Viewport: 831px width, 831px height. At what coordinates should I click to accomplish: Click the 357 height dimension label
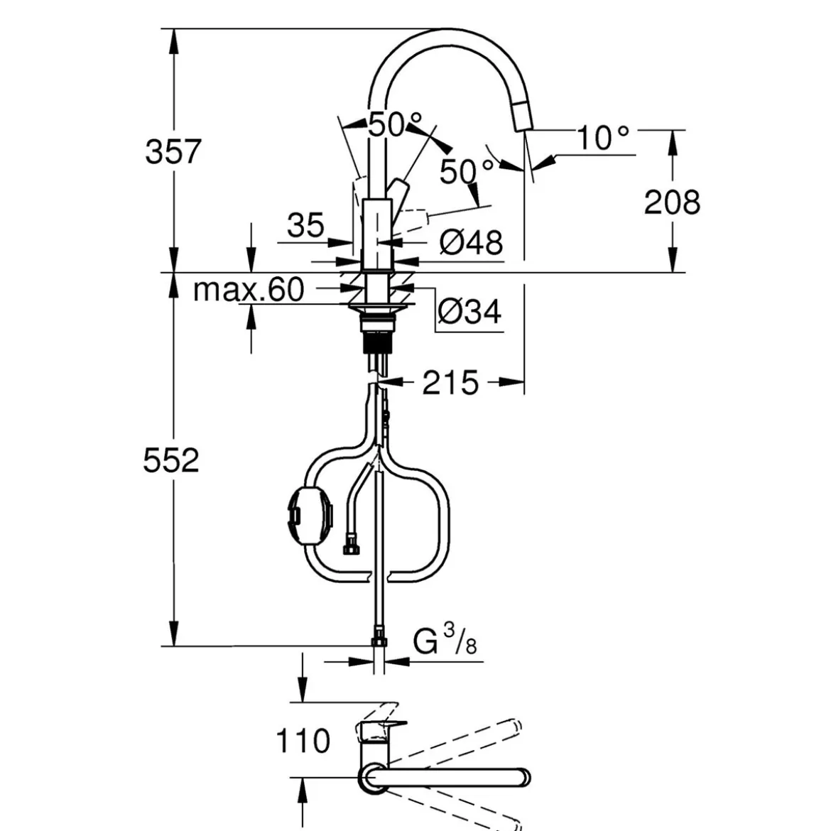coord(173,151)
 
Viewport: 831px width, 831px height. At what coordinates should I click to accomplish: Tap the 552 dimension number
coord(171,460)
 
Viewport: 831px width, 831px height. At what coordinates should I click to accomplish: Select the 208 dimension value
coord(672,202)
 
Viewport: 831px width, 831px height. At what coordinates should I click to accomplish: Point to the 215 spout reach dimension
coord(450,383)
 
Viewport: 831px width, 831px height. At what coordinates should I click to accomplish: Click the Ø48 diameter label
coord(471,243)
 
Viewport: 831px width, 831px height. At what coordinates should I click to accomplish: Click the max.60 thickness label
coord(249,290)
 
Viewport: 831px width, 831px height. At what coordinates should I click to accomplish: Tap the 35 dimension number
coord(306,224)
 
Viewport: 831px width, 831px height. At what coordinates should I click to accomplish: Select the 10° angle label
coord(602,138)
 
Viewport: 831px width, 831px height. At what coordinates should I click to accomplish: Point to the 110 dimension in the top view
coord(303,740)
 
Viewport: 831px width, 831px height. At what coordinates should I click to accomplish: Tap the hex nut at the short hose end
coord(351,546)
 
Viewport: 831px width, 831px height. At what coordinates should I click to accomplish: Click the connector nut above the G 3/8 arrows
coord(379,636)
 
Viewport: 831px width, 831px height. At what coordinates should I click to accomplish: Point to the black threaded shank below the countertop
coord(379,342)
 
